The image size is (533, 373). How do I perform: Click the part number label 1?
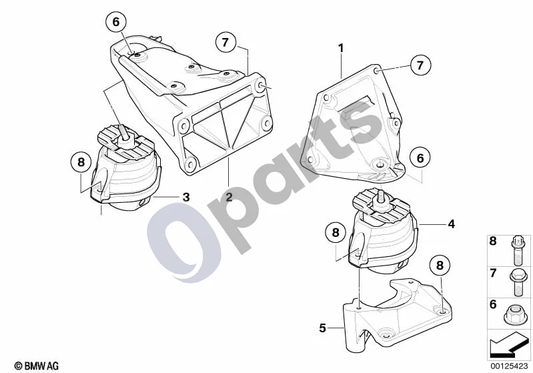[341, 49]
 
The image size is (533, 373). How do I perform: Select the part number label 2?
[229, 197]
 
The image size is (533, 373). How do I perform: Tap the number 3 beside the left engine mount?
[186, 197]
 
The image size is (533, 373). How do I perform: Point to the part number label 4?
[451, 224]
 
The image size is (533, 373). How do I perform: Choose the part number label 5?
[322, 328]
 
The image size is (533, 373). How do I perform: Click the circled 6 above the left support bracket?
[116, 22]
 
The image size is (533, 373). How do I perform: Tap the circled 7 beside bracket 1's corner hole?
[420, 65]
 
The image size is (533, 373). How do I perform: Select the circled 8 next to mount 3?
[81, 162]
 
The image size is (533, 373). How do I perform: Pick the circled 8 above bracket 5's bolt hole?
[440, 266]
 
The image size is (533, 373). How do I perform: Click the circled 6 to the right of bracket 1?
[420, 158]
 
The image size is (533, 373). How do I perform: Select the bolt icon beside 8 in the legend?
[516, 252]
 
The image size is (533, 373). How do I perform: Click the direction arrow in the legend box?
[508, 344]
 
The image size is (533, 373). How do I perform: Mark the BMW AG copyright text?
[37, 366]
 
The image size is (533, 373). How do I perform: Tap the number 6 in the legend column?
[493, 304]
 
